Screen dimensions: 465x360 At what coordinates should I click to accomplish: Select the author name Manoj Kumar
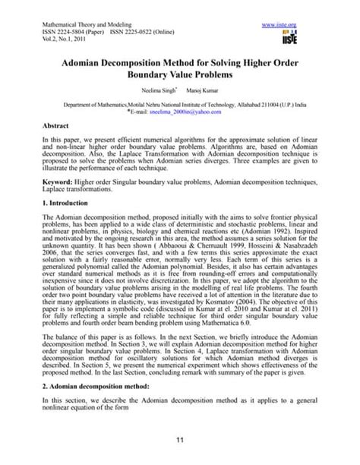[200, 90]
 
